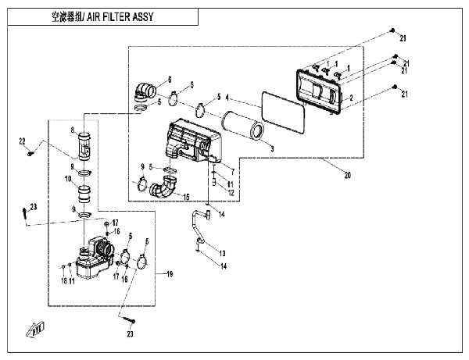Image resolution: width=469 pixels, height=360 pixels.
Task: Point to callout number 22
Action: pos(23,141)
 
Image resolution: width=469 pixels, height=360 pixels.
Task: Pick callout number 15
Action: pos(186,195)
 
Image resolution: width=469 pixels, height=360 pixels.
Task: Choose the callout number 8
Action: pos(72,130)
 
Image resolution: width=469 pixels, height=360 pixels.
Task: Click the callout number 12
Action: pos(231,192)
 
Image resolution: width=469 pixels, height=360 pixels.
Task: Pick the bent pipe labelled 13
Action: pos(195,226)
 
